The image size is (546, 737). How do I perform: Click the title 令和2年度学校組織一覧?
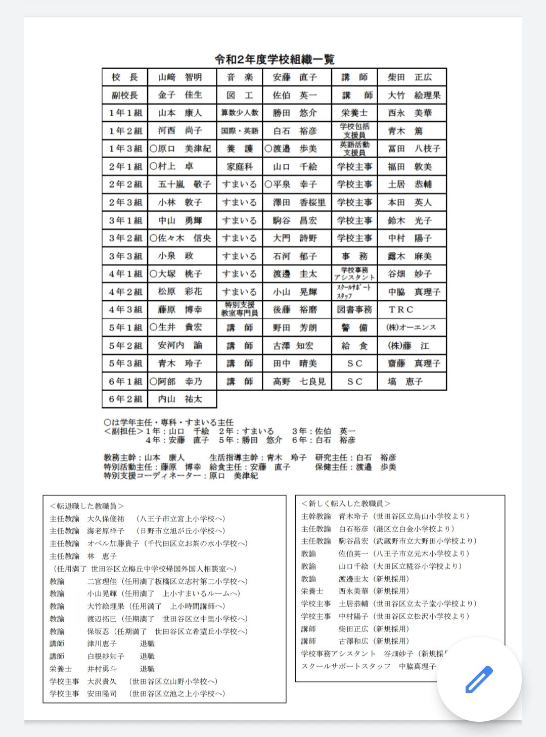click(x=275, y=59)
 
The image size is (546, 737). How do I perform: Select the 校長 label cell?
click(x=124, y=77)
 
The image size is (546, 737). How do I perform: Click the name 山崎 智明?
click(x=180, y=77)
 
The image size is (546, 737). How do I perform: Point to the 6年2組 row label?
click(x=125, y=399)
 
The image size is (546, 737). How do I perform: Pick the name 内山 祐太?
click(x=180, y=399)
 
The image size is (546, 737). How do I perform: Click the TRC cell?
click(x=401, y=309)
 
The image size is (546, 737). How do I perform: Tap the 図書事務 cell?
click(x=354, y=309)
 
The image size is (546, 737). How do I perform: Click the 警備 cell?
click(x=354, y=328)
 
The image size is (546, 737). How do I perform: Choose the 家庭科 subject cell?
click(x=240, y=167)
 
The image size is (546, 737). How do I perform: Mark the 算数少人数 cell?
click(x=240, y=113)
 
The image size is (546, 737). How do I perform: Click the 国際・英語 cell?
click(x=240, y=131)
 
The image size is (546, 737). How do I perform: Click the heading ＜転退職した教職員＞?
click(x=86, y=506)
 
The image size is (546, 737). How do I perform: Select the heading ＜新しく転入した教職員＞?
click(x=345, y=503)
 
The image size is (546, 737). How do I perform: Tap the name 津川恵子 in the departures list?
click(x=102, y=643)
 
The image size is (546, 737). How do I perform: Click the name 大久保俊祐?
click(x=105, y=519)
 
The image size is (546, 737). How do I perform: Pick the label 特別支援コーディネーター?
click(x=153, y=476)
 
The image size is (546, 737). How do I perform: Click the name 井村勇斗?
click(x=102, y=669)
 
